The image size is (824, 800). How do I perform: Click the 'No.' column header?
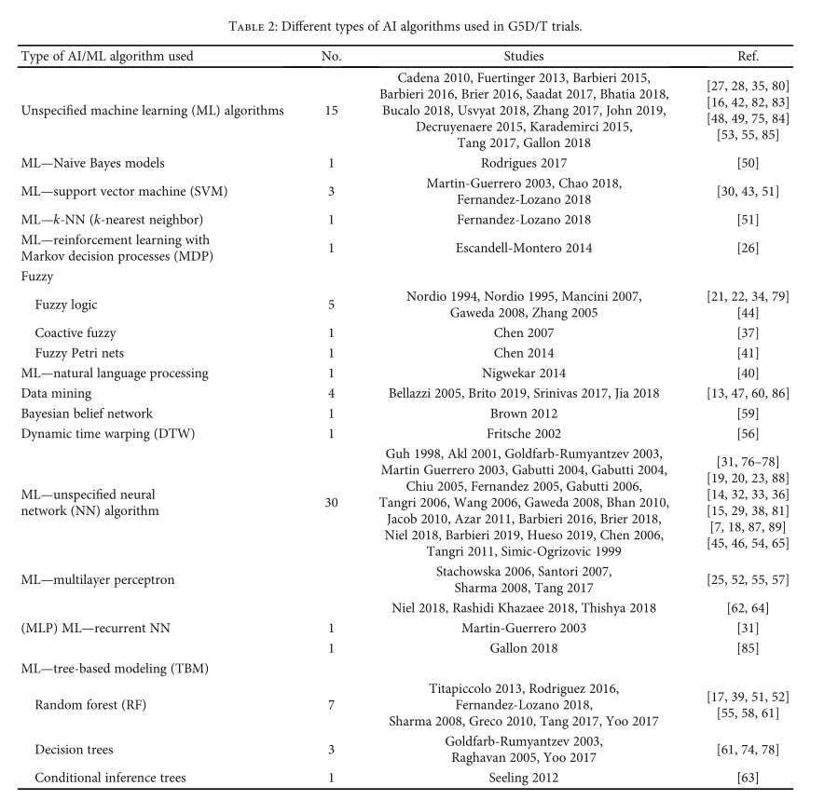(x=331, y=56)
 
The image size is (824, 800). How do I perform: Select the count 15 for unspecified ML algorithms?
(x=331, y=110)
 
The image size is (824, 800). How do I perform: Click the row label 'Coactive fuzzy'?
(x=75, y=332)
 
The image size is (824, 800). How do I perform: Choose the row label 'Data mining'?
(x=57, y=394)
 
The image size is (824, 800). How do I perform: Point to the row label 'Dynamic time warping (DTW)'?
(x=106, y=434)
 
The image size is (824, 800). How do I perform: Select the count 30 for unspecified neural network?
(x=331, y=502)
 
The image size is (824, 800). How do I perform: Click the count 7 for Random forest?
(x=331, y=706)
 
